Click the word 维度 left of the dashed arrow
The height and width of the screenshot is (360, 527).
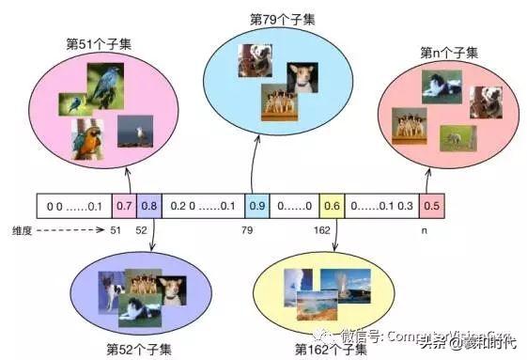coord(22,228)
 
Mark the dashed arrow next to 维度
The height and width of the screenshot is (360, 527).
coord(70,228)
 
